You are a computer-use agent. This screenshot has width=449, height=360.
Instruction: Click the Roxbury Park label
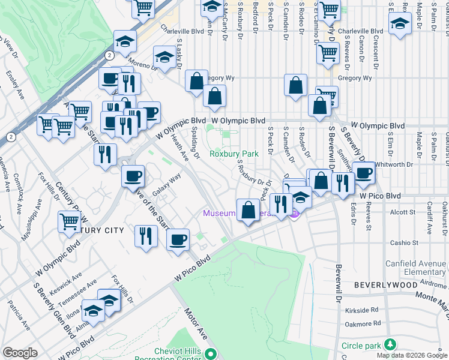coord(234,154)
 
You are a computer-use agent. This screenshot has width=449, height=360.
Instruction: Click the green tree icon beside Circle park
coord(391,344)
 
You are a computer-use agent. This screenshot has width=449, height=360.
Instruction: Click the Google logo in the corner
coord(20,353)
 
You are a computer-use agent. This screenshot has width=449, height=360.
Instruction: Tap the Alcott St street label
coord(403,212)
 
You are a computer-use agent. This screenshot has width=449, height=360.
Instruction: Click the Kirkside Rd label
coord(362,310)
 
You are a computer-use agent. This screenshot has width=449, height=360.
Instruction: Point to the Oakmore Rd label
coord(362,325)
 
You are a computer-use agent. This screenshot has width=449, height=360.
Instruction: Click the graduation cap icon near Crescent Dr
coord(400,23)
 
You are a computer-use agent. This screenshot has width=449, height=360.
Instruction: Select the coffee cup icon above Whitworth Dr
coord(363,172)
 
